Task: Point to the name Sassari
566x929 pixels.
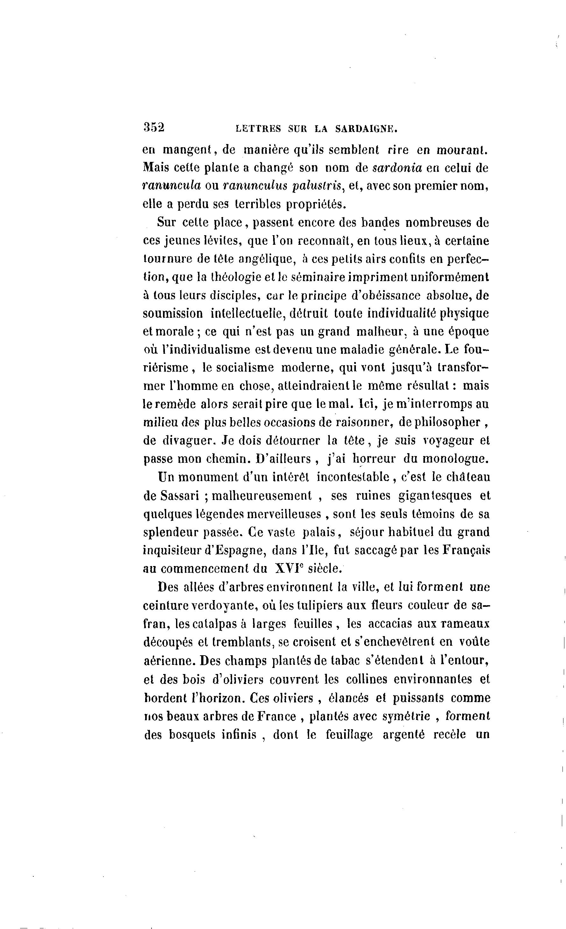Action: (180, 496)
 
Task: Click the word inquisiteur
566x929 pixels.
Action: (173, 550)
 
